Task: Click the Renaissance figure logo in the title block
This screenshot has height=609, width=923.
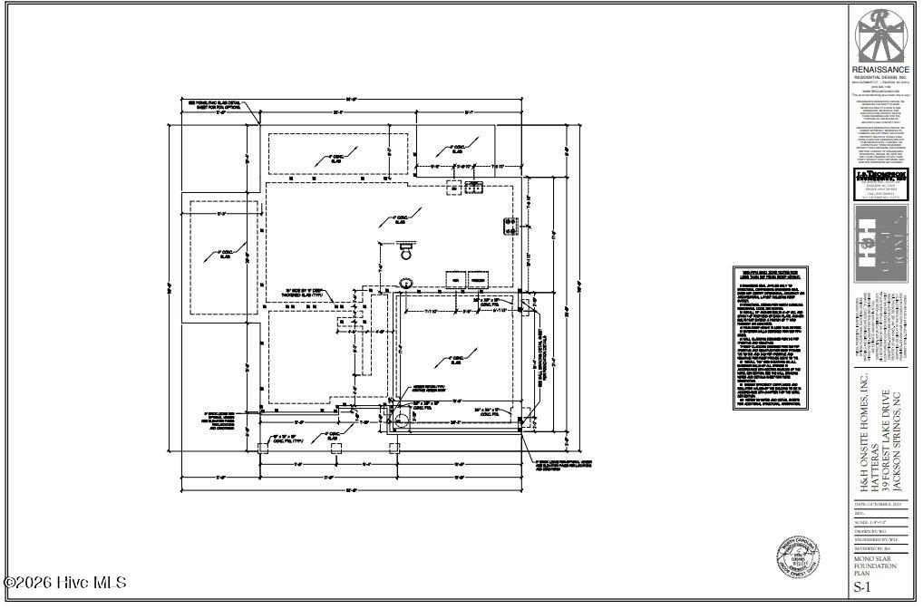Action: pos(879,36)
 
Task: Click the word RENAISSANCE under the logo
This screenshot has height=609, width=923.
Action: pos(879,70)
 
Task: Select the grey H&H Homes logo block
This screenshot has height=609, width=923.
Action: pos(880,243)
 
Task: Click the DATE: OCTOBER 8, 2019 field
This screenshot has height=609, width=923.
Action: pos(879,504)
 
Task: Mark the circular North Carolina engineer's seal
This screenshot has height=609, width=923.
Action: pos(798,556)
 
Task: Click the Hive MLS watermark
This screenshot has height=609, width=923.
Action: pos(65,583)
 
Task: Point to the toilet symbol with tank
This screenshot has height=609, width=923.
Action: pos(405,248)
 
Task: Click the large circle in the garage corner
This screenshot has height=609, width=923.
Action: pos(403,420)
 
